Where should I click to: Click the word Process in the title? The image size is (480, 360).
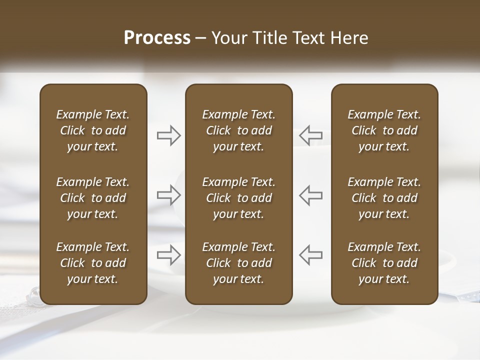[157, 38]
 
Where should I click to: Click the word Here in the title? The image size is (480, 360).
[349, 38]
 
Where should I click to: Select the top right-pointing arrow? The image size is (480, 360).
[169, 135]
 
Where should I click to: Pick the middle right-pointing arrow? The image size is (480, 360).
[169, 194]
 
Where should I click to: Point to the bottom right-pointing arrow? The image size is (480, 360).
[169, 254]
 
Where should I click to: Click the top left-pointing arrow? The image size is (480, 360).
[311, 135]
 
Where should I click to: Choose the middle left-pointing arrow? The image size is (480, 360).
[311, 194]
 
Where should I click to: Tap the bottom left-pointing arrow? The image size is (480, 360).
[311, 254]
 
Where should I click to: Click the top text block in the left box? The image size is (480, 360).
[93, 130]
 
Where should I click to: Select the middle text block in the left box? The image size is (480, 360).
[93, 198]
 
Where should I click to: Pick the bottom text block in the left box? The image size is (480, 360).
[93, 263]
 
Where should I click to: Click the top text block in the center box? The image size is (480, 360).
[239, 130]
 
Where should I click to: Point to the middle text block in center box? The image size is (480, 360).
[239, 198]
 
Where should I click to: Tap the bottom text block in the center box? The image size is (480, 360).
[239, 263]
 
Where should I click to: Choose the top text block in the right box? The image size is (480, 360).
[384, 130]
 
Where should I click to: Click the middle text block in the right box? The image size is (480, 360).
[384, 198]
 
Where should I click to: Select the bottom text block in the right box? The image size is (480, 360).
[384, 263]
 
